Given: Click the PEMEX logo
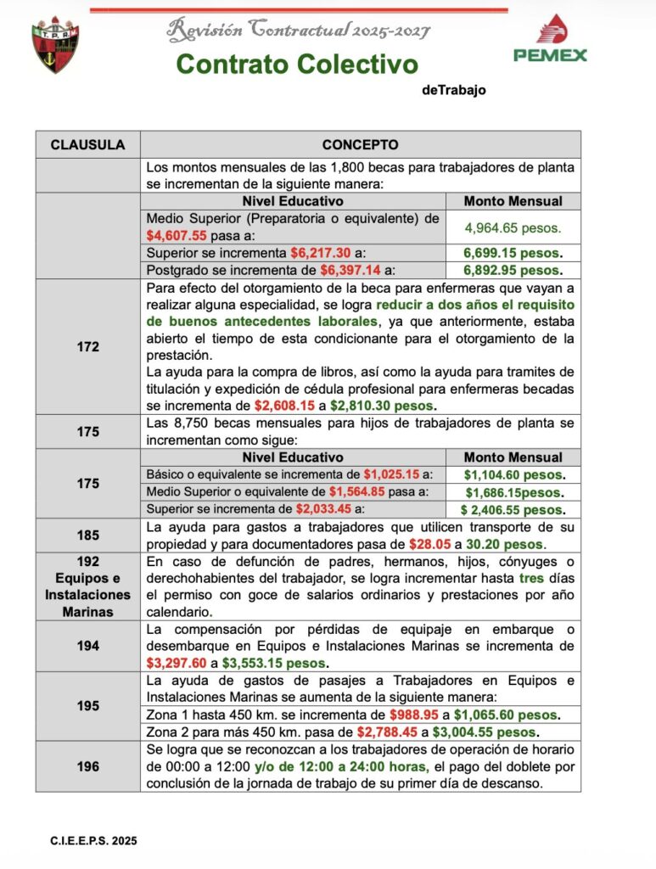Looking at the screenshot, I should (x=549, y=39).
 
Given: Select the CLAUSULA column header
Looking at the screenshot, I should (x=87, y=145).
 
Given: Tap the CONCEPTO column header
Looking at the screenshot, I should (x=360, y=145).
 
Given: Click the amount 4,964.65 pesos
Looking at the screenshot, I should (x=513, y=227).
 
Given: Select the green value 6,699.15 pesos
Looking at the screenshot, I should (x=513, y=253).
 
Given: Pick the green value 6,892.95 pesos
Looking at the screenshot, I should (x=513, y=271).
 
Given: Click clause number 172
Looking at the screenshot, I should (x=87, y=346).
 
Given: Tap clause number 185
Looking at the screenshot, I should (x=87, y=535).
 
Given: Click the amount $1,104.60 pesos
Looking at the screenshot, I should (x=513, y=474).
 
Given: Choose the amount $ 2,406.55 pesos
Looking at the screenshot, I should (x=513, y=510).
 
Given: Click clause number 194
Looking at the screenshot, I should (x=87, y=646).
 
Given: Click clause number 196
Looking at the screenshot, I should (x=87, y=766).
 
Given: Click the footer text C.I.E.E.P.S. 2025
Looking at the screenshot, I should (x=93, y=841).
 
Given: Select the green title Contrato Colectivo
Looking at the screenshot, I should (x=297, y=64).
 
